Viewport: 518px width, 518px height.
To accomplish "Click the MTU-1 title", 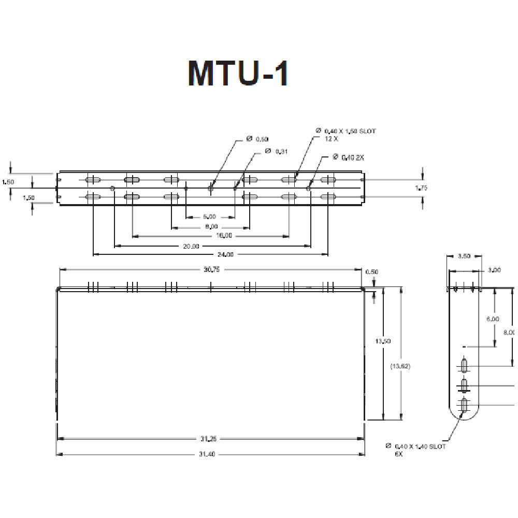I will tap(238, 73).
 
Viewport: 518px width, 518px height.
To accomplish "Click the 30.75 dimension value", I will tap(210, 269).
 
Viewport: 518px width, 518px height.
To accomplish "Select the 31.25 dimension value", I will tap(209, 439).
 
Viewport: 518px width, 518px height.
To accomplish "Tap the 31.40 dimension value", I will tap(209, 454).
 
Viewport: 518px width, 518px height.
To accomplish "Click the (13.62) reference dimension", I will tap(401, 366).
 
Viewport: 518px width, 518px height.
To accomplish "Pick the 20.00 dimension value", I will tap(191, 246).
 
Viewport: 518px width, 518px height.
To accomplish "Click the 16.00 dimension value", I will tap(224, 236).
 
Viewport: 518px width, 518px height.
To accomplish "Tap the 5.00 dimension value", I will tap(209, 217).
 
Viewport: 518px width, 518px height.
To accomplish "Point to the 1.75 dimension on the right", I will tap(422, 188).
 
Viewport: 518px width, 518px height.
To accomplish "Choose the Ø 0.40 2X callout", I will tap(348, 157).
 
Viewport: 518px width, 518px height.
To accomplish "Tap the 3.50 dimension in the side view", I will tap(464, 256).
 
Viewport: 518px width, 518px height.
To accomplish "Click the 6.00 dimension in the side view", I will tap(493, 319).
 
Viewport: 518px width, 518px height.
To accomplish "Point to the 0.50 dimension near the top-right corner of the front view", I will tap(371, 272).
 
